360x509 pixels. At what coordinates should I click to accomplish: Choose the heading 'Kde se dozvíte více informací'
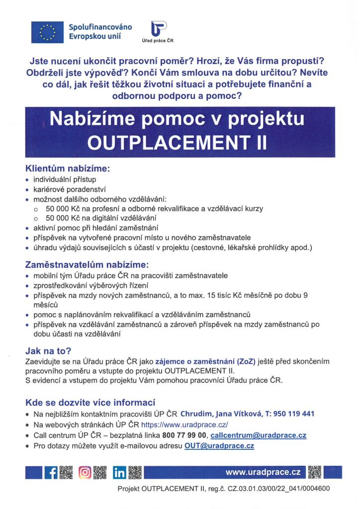click(x=90, y=402)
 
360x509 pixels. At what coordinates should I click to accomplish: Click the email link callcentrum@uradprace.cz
click(x=258, y=435)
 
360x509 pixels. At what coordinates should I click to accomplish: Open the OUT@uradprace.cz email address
click(x=219, y=446)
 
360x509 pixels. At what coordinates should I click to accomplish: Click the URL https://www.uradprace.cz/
click(x=184, y=425)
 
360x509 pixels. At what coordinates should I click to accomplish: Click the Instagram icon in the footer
click(x=85, y=472)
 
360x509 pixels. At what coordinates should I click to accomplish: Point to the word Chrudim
click(x=196, y=414)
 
